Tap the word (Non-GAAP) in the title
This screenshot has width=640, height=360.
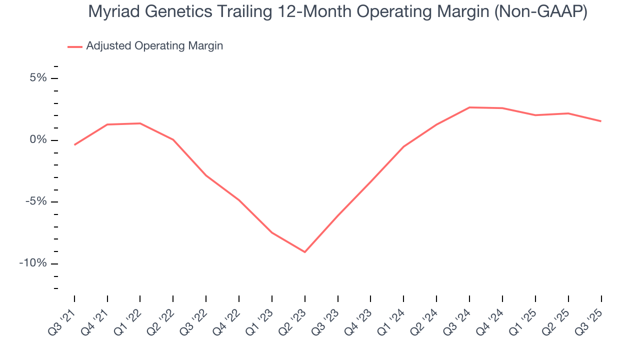click(x=540, y=12)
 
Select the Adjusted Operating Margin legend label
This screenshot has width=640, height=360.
click(x=154, y=46)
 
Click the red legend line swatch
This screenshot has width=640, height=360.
click(x=75, y=46)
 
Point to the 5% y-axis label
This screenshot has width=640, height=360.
click(x=38, y=78)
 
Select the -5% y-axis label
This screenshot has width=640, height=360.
click(x=36, y=202)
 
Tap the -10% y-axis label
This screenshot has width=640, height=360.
click(x=33, y=263)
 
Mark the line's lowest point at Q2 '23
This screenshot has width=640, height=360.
click(x=305, y=252)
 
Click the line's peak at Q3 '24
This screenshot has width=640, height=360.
click(x=469, y=107)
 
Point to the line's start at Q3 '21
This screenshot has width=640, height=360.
click(x=74, y=145)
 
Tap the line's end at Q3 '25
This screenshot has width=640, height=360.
click(x=601, y=121)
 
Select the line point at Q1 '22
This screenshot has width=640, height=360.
click(x=140, y=123)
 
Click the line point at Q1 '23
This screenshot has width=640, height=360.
click(x=272, y=233)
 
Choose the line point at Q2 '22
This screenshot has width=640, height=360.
click(x=173, y=139)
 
